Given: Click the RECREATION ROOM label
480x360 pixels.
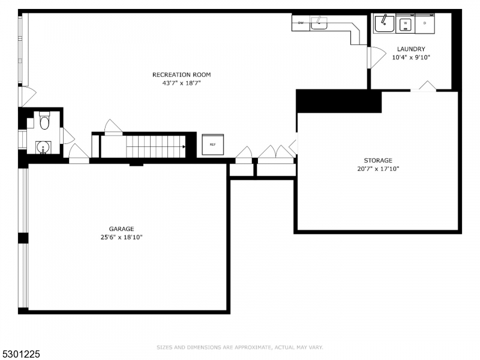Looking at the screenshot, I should [181, 74].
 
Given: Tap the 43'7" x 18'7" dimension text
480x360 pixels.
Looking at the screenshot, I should [181, 83].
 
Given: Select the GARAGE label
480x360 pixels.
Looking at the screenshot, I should [121, 229].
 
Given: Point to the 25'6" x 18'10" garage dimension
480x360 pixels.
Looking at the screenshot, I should [121, 238].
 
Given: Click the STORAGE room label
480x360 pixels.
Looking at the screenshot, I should [378, 160].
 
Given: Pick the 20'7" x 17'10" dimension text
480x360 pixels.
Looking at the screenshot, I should [378, 169].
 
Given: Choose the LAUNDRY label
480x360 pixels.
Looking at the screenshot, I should [411, 49].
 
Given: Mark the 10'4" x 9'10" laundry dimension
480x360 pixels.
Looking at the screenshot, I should [411, 58].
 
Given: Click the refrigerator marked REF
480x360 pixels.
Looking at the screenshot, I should [212, 145].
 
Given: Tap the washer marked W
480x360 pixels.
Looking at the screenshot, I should [406, 23].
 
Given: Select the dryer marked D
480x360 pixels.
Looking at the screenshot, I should [425, 23].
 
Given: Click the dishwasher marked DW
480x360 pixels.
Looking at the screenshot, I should [301, 23].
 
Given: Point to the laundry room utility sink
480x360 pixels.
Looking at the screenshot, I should [383, 23].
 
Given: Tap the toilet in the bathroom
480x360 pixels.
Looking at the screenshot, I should [44, 122].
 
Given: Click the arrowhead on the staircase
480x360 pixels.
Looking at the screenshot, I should [184, 146].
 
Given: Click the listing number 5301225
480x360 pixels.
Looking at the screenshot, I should [21, 355].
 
